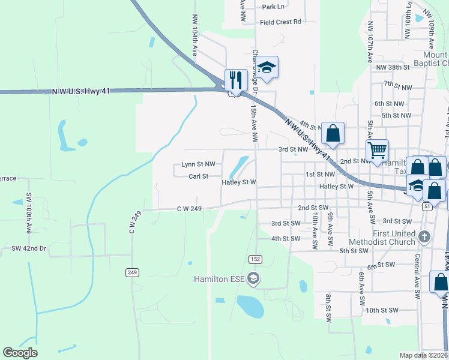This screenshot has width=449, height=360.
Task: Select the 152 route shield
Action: [255, 258]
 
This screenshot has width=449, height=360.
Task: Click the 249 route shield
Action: [133, 272]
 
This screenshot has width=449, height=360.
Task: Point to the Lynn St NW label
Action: [198, 164]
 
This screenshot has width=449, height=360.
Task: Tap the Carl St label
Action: [198, 176]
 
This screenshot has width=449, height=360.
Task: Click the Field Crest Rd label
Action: [280, 22]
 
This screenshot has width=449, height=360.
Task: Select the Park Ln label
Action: [273, 7]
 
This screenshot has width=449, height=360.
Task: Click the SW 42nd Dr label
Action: [29, 248]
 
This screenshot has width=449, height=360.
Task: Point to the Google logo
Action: [20, 353]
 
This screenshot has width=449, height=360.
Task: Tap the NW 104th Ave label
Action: [194, 36]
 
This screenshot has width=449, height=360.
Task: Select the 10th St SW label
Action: [382, 310]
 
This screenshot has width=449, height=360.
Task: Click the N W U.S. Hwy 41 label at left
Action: [80, 90]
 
